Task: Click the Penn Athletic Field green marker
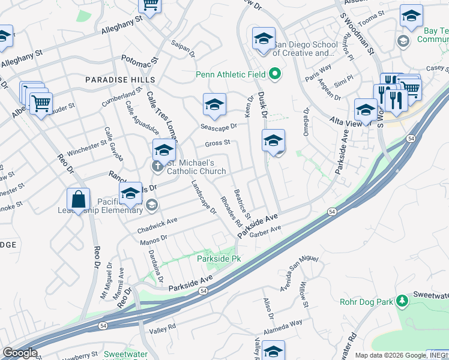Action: tap(276, 75)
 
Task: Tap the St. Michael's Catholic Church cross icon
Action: tap(157, 165)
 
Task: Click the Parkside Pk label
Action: tap(219, 259)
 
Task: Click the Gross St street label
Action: tap(217, 143)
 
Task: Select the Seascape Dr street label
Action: tap(219, 127)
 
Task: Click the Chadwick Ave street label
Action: tap(157, 226)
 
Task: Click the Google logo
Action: tap(19, 353)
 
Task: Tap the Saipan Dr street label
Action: tap(184, 49)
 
